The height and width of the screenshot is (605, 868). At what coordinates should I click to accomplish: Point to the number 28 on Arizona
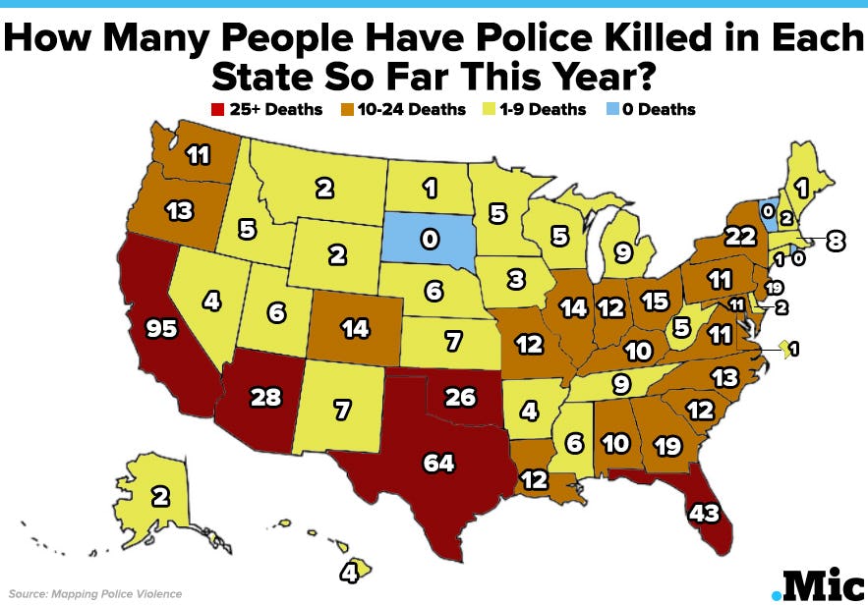tap(266, 397)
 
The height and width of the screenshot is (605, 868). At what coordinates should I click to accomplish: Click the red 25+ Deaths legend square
tap(221, 110)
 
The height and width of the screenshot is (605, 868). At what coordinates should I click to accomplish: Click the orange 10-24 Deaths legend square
tap(349, 110)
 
